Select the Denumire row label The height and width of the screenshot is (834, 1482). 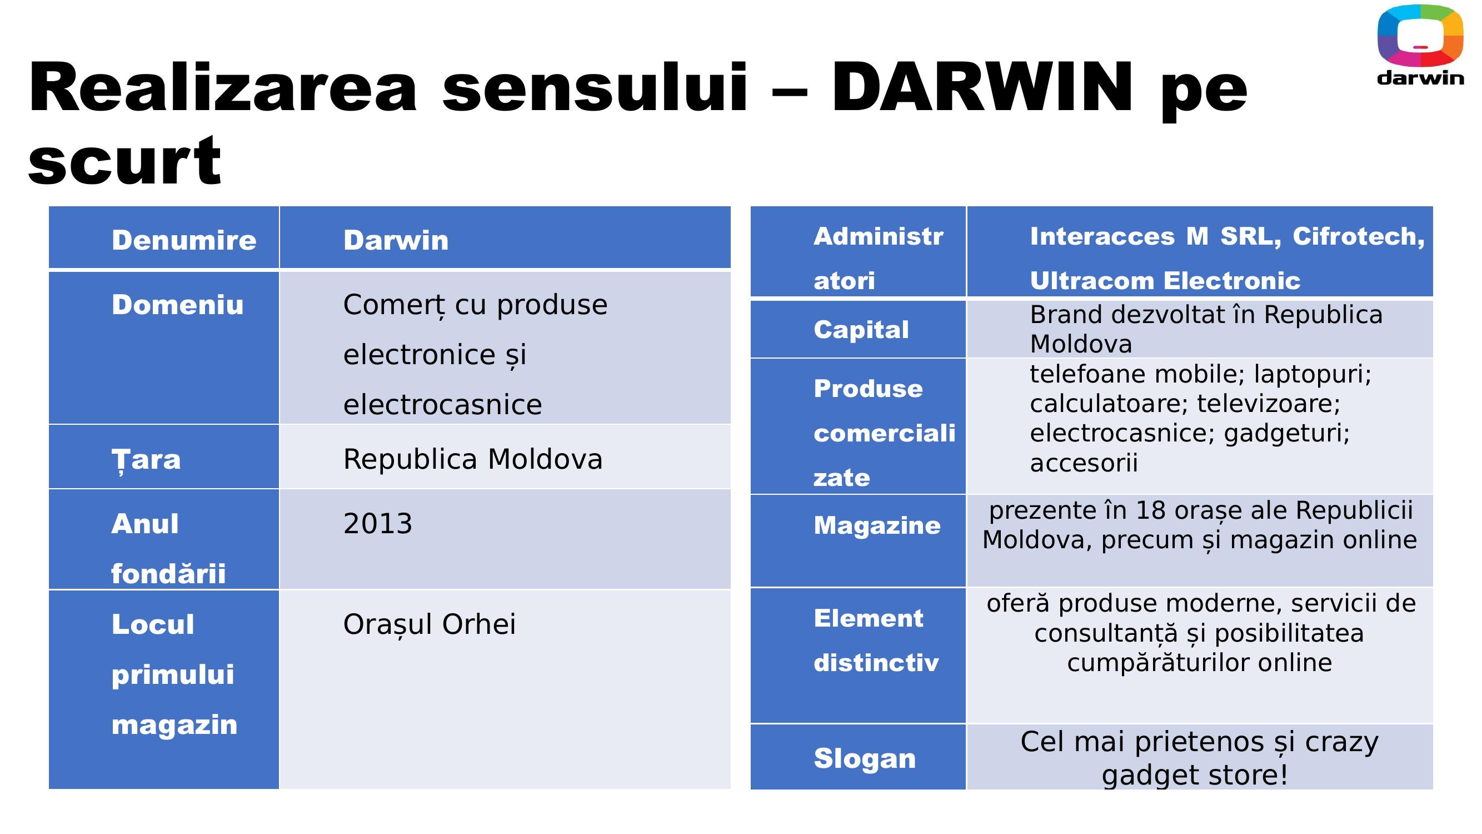[x=184, y=240]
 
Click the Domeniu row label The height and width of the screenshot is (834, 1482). [x=178, y=305]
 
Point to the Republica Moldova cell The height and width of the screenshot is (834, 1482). [x=473, y=459]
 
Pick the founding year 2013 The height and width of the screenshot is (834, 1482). [x=378, y=524]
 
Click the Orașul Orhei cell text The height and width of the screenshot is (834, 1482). [x=430, y=624]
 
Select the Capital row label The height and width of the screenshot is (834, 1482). [x=861, y=330]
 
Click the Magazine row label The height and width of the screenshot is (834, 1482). [x=877, y=525]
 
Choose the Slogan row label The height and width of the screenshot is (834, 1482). [x=865, y=758]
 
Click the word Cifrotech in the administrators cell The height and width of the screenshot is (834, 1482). [x=1358, y=236]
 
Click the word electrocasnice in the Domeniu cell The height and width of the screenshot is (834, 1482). [x=443, y=405]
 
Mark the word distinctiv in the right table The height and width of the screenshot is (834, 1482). [x=876, y=663]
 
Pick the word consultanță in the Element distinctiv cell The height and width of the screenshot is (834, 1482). [x=1106, y=633]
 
